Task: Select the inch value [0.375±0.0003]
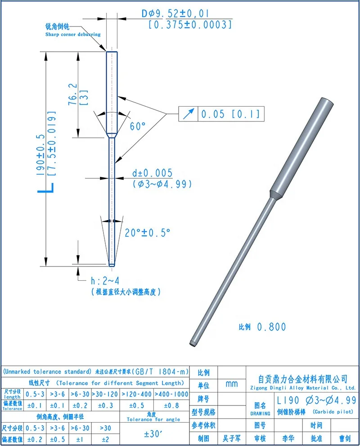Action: [190, 25]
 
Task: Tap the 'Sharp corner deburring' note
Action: [72, 34]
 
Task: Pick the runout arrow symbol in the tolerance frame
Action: [189, 114]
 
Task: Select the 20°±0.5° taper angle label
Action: [148, 233]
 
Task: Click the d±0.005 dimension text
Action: [153, 173]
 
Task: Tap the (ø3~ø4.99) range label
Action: [162, 184]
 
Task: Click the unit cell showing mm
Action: [232, 384]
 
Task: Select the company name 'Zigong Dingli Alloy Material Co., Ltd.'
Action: [302, 387]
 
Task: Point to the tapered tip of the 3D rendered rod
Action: [193, 343]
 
